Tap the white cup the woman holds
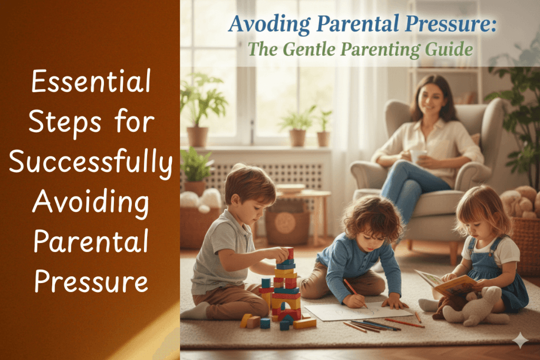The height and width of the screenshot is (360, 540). click(418, 156)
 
